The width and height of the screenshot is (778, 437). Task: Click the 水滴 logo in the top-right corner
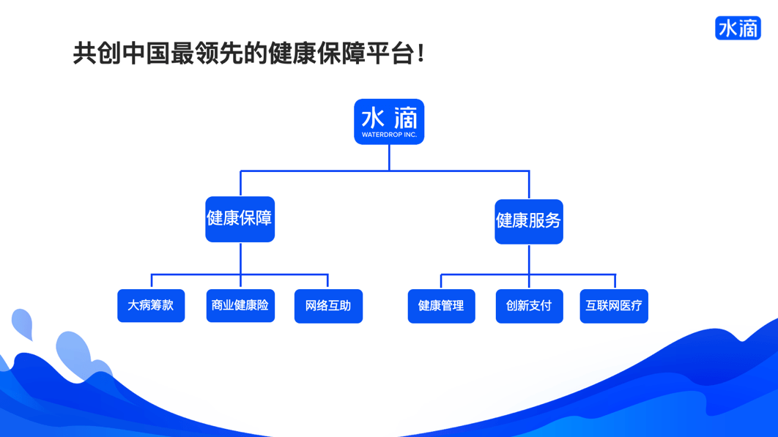click(738, 28)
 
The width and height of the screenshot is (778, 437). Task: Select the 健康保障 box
click(240, 219)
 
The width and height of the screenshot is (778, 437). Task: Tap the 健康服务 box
click(528, 221)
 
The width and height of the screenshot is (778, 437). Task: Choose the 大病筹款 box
click(151, 305)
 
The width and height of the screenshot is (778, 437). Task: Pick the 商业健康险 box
click(240, 305)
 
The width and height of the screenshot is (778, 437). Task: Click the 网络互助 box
click(328, 306)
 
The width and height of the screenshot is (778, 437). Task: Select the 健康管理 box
click(441, 306)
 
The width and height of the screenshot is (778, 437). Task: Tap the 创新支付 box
click(529, 306)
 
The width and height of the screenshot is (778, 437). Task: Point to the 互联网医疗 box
click(614, 306)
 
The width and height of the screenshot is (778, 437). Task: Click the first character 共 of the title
click(84, 53)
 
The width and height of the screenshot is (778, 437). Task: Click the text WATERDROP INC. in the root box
click(389, 135)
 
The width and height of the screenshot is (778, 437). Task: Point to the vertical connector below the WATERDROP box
click(389, 157)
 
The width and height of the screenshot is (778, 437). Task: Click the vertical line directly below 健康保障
click(240, 258)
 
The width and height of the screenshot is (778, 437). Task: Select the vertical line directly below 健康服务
click(529, 259)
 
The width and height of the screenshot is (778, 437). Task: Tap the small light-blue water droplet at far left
click(23, 323)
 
